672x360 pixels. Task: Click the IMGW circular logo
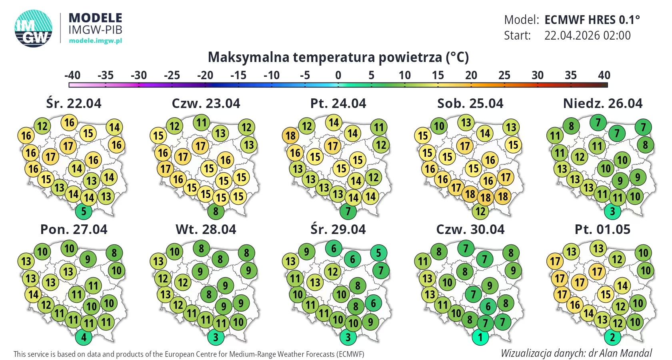pos(34,28)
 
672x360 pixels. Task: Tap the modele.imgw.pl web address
pos(95,40)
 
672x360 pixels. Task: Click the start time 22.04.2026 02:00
pos(587,36)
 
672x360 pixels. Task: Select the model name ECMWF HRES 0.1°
pos(592,20)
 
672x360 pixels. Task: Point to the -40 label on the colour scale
pos(72,75)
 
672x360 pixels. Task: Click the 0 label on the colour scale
pos(338,75)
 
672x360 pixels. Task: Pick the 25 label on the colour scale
pos(504,75)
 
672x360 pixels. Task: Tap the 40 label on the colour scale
pos(604,75)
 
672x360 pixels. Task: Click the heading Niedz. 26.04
pos(602,104)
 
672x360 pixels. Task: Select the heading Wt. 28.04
pos(206,230)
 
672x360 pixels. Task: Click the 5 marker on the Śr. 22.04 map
pos(84,211)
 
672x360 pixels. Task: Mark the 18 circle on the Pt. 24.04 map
pos(290,136)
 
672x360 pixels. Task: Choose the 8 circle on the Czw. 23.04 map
pos(216,211)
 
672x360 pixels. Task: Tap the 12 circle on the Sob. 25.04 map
pos(480,211)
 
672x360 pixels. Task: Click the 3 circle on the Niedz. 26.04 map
pos(612,211)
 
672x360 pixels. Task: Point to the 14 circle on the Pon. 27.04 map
pos(34,295)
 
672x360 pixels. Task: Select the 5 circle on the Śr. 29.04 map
pos(378,253)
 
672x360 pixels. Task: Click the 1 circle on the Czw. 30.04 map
pos(480,337)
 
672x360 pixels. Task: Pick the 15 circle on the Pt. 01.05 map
pos(606,295)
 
